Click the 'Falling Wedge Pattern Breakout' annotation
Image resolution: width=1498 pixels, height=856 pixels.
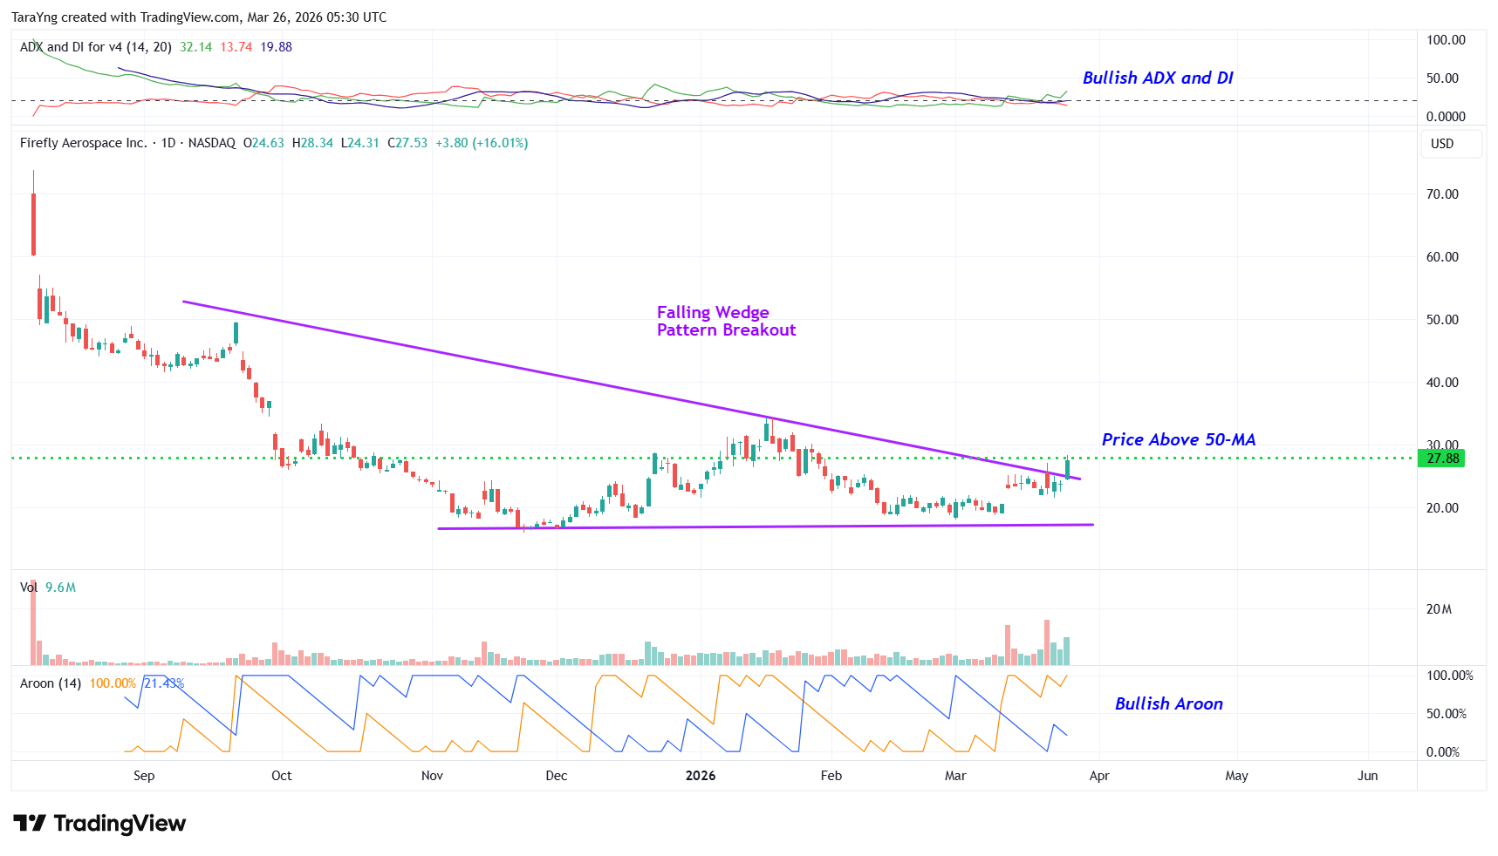pos(726,321)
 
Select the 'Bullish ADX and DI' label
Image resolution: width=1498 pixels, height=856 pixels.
pos(1157,78)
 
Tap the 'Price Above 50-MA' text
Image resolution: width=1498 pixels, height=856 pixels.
pos(1178,439)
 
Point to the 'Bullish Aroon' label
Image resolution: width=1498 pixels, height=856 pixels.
pos(1168,703)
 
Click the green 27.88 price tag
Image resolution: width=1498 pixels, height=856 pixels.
pos(1441,459)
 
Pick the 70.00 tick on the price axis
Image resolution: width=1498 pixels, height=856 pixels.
pos(1441,194)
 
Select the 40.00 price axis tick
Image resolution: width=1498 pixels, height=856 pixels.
pos(1441,383)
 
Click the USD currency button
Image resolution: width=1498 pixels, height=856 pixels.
pos(1442,144)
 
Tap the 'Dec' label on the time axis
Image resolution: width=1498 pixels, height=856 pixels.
pos(556,776)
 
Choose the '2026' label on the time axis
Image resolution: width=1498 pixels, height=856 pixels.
pos(701,776)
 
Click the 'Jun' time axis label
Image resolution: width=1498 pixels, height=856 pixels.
pos(1367,776)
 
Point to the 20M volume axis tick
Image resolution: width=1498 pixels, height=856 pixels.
pos(1439,609)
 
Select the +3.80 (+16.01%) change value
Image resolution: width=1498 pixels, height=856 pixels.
pos(482,143)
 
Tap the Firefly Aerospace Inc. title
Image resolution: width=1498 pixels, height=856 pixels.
pos(84,143)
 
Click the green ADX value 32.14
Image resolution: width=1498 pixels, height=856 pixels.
pos(195,47)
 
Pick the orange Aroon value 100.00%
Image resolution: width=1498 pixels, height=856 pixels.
pos(113,683)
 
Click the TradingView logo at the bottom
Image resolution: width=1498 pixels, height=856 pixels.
pos(99,824)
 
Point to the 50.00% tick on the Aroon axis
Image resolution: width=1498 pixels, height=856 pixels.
pos(1446,714)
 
